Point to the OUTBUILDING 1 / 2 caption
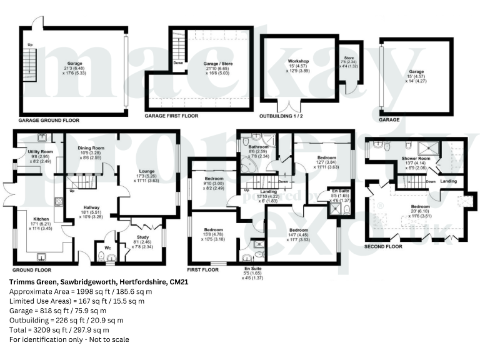287,116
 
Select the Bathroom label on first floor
256,146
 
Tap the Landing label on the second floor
448,182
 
